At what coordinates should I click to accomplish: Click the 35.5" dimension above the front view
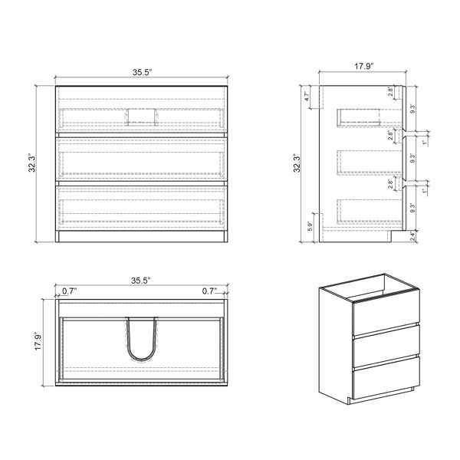coord(142,72)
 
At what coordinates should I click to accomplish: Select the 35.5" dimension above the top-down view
coord(141,281)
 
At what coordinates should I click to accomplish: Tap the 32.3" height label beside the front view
coord(32,163)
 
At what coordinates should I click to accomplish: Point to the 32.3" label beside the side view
coord(297,163)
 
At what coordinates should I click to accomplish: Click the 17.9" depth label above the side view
coord(363,66)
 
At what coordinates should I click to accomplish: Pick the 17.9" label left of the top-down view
coord(38,341)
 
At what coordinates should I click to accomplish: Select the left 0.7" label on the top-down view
coord(69,291)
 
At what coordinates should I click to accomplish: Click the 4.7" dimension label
coord(307,97)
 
